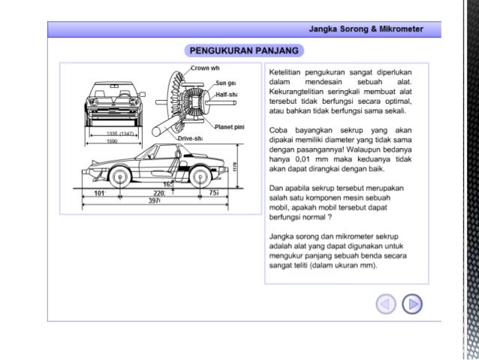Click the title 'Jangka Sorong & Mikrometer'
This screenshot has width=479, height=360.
coord(366,29)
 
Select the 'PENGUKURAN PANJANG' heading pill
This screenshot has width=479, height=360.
coord(245,51)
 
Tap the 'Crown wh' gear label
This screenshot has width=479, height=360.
coord(203,68)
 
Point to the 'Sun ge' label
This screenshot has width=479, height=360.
coord(226,83)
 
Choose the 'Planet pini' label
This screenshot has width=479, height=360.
coord(230,126)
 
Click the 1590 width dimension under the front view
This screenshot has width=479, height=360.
coord(111,141)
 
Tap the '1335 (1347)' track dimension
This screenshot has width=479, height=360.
coord(116,133)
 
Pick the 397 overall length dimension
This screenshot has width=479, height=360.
coord(154,201)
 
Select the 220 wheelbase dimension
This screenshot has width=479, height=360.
coord(158,192)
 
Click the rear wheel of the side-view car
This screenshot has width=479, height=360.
coord(199,177)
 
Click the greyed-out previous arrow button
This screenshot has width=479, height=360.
coord(386,304)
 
